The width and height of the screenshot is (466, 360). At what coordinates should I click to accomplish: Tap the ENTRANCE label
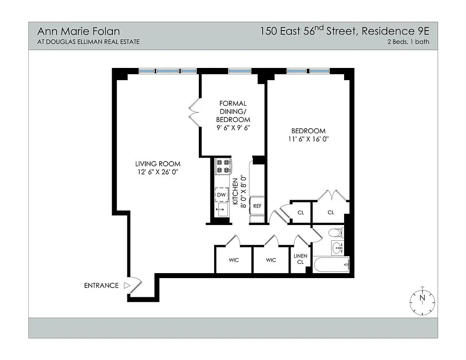(101, 285)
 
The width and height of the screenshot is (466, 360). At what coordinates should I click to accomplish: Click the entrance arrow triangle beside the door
(127, 285)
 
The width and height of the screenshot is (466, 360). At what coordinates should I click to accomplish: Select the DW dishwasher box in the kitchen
(221, 194)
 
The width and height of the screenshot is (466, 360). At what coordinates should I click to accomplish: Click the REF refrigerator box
(257, 206)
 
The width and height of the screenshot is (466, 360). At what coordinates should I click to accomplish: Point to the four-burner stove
(223, 166)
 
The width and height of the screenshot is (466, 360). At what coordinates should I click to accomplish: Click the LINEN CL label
(300, 259)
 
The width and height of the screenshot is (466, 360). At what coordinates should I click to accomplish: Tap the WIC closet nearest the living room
(233, 260)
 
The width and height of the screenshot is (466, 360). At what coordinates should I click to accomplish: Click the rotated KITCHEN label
(235, 191)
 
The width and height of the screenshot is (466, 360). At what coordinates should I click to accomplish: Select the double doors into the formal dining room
(193, 112)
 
